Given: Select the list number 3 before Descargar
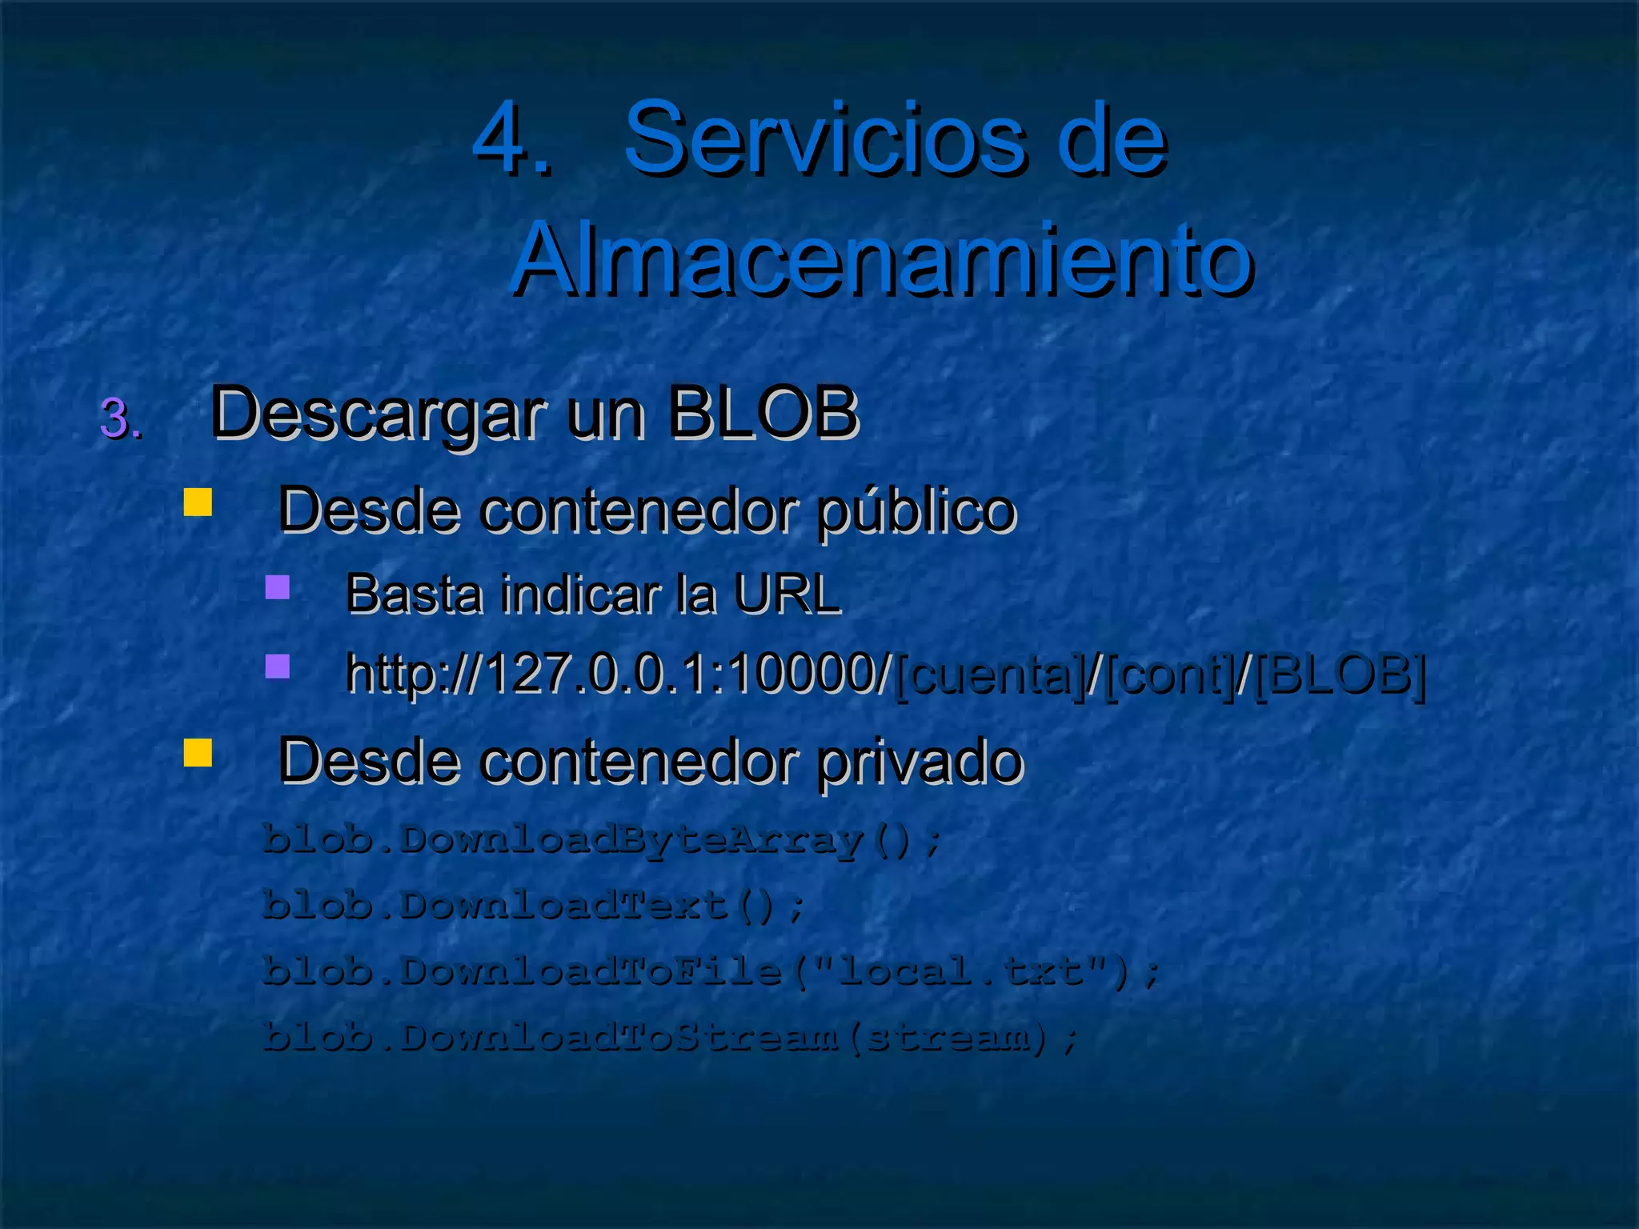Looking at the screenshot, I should [x=120, y=418].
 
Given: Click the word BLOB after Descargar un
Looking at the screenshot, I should [x=763, y=413].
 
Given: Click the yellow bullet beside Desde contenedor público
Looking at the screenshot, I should [x=198, y=502].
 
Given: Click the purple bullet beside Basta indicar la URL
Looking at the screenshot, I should [x=278, y=587].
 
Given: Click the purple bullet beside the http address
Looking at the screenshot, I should [x=278, y=667].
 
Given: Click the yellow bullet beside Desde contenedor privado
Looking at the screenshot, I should [x=198, y=752].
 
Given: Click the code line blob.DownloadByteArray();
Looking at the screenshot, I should [x=602, y=839].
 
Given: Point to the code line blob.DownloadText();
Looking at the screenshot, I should [x=533, y=906].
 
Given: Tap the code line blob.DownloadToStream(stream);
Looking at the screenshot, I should [x=671, y=1038].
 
